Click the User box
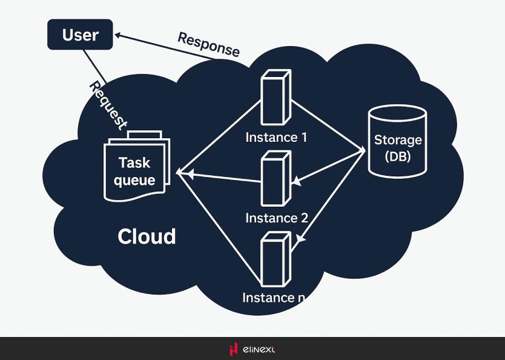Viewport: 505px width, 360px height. pos(80,35)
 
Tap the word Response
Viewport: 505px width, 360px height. pos(208,44)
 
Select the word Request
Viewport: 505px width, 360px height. pos(108,105)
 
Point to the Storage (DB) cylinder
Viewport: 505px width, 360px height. pos(397,141)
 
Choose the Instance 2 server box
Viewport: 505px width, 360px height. pos(276,178)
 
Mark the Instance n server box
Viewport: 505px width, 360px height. pos(276,261)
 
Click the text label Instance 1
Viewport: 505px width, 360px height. pos(276,138)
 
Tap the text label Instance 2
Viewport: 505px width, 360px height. pos(277,218)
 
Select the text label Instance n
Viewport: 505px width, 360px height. pos(277,298)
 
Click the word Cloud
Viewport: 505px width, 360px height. pos(147,236)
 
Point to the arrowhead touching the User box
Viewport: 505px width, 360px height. pos(118,36)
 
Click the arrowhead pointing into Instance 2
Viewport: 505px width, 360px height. pos(296,180)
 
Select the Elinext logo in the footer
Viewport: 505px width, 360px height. pos(252,349)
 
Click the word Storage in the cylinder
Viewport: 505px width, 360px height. pos(397,141)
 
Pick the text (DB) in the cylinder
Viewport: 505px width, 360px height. pos(397,156)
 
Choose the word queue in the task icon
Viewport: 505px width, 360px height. pos(134,181)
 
